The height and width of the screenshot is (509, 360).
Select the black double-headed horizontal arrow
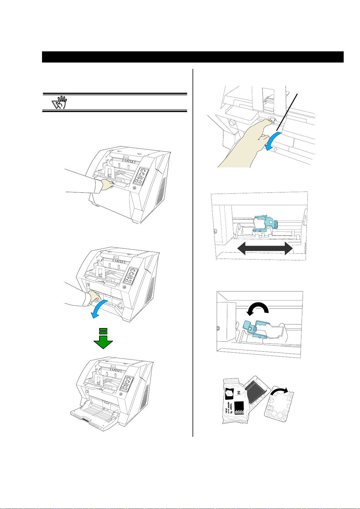click(265, 249)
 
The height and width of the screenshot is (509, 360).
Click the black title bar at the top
click(193, 57)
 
